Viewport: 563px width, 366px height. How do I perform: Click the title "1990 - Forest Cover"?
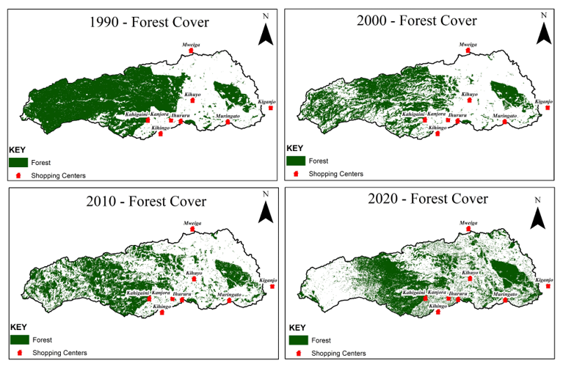148,22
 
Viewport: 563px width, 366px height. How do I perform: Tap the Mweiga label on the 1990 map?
191,44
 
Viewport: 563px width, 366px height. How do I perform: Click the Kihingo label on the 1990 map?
160,128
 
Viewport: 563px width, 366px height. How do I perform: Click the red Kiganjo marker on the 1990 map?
271,108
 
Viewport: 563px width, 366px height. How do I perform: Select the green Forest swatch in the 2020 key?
298,340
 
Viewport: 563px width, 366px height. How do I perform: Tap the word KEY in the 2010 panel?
19,326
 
